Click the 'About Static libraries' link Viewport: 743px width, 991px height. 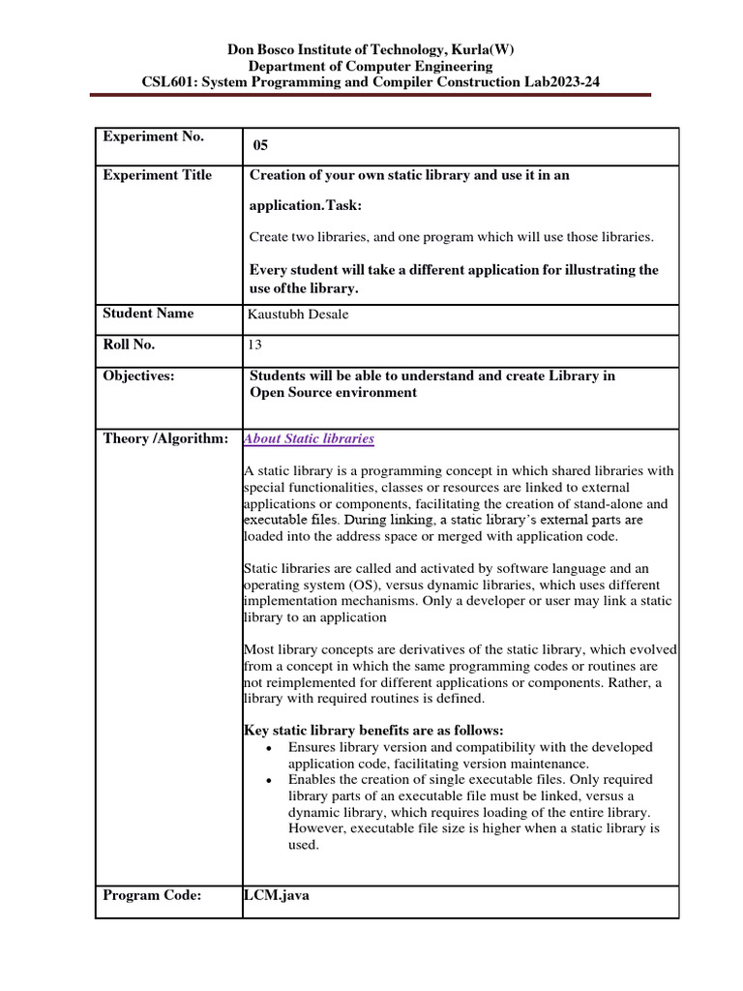pos(309,439)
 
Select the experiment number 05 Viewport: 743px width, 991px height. pos(259,146)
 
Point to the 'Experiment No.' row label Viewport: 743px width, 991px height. pos(153,137)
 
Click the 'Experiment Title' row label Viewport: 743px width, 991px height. pos(157,175)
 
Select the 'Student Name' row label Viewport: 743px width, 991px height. pos(148,314)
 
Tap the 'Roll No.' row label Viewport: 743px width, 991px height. pos(129,345)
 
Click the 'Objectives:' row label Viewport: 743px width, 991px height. pos(138,376)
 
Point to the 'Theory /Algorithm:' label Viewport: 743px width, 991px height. pos(165,439)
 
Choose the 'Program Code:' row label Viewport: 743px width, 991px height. pos(152,896)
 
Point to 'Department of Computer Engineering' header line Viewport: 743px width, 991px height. pos(371,66)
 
